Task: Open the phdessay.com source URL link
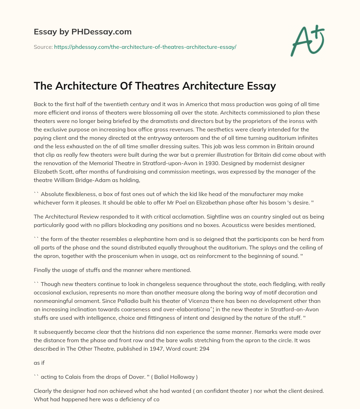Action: [x=145, y=47]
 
